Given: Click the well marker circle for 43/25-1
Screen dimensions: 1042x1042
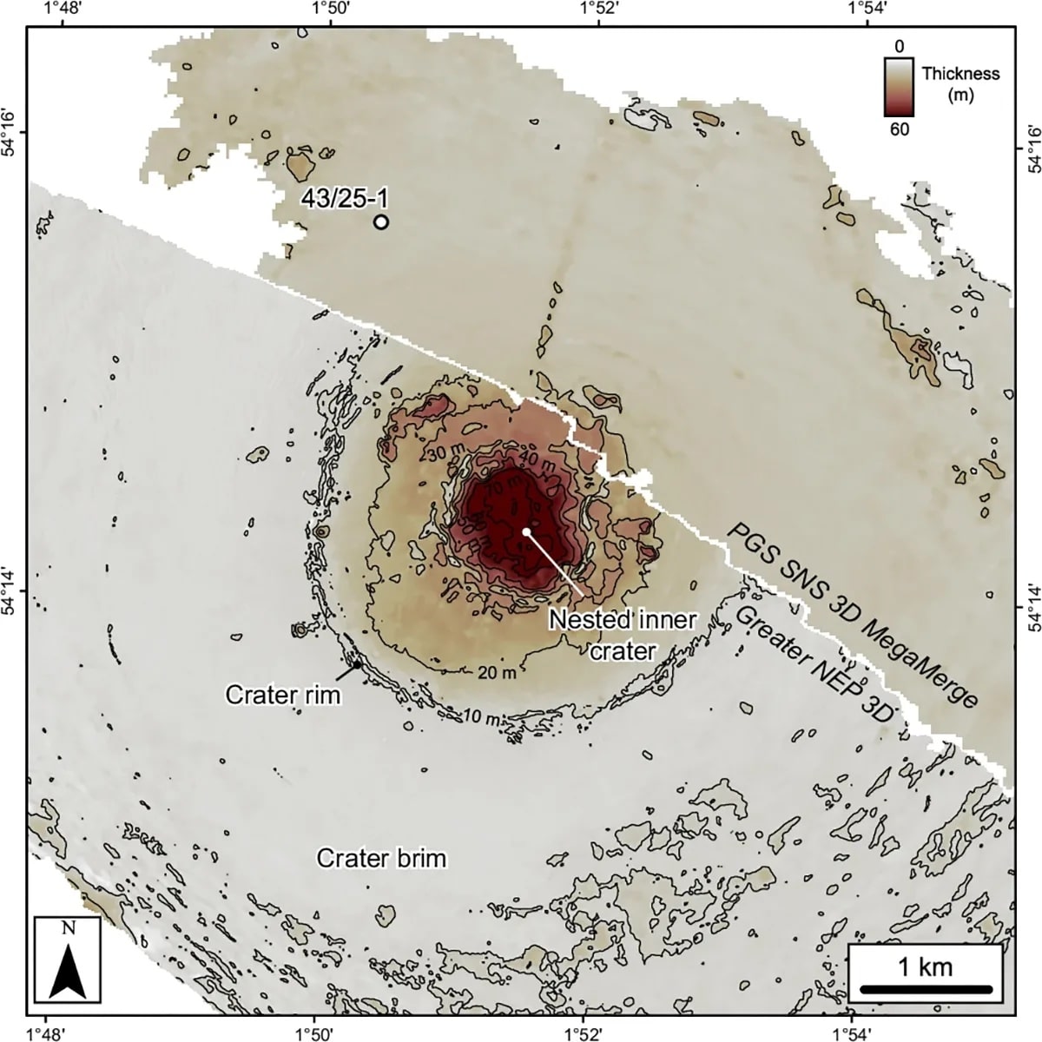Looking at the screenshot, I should tap(380, 221).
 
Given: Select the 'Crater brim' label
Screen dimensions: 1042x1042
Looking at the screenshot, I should tap(381, 859).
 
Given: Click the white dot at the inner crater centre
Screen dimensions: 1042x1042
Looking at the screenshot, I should tap(526, 531).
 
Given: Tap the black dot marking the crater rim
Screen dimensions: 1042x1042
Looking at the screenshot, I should tap(356, 665).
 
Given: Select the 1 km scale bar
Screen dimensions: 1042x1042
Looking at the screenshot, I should tap(926, 988).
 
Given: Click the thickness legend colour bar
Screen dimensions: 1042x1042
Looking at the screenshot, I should tap(899, 87).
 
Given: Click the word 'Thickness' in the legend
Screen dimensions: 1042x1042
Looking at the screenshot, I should tap(960, 74).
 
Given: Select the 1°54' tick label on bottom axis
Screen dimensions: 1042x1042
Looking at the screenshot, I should tap(852, 1032).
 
